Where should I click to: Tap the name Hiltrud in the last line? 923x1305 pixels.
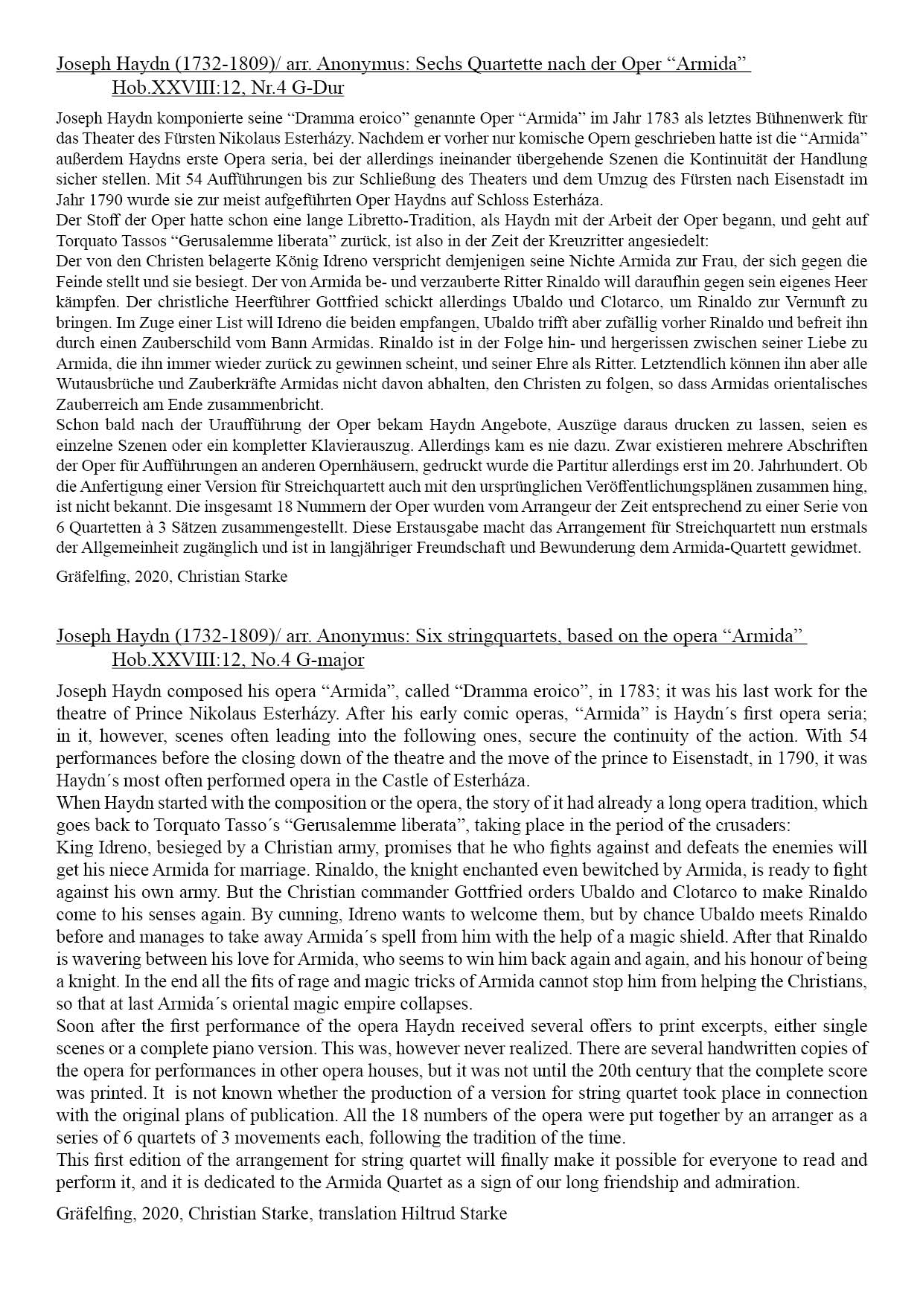coord(430,1213)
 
